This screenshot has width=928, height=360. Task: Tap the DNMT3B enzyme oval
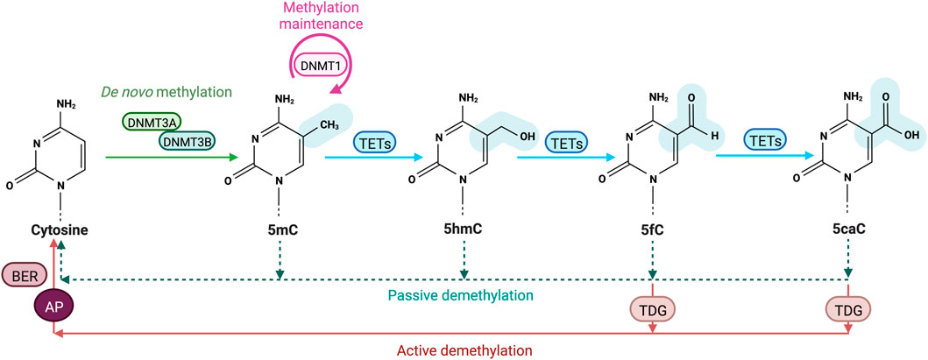187,139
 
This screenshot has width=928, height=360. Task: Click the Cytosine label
55,231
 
